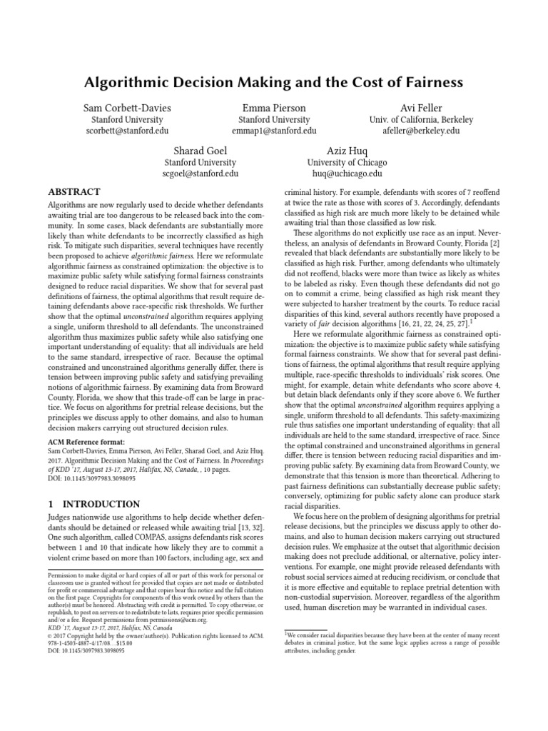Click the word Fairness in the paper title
[429, 83]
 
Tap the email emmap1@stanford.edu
[274, 131]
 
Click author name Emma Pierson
[274, 108]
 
